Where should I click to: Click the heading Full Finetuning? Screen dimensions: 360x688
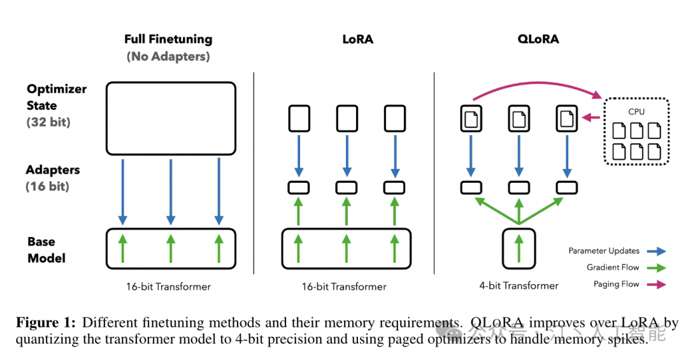(x=168, y=40)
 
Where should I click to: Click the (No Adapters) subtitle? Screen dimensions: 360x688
(x=168, y=56)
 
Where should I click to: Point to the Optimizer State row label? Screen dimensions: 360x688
(x=56, y=97)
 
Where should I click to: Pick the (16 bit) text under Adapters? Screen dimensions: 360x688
(x=47, y=187)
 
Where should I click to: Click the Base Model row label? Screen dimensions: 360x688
(x=46, y=250)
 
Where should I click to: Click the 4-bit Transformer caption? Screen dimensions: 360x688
(x=519, y=286)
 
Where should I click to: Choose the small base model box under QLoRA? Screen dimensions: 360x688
(x=519, y=247)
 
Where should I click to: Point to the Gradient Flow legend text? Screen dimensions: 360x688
(x=613, y=268)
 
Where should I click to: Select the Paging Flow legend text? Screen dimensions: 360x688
(x=616, y=284)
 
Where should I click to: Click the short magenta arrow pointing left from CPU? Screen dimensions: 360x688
(x=592, y=117)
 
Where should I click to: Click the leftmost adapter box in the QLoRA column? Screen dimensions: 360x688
(x=471, y=187)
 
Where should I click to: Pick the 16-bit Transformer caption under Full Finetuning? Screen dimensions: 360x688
(x=168, y=287)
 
